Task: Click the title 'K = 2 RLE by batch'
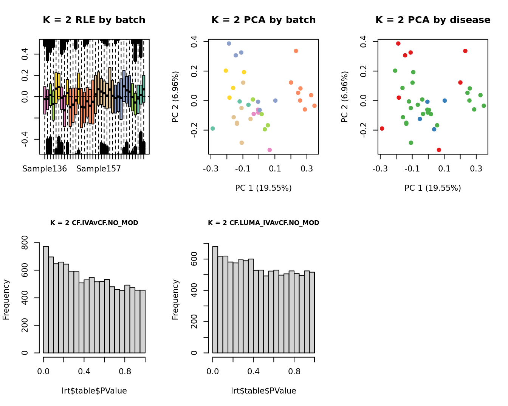click(94, 20)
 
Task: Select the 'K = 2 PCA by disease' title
click(433, 20)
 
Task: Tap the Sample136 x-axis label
click(45, 169)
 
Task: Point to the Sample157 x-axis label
click(99, 169)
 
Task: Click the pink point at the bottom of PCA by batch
click(269, 150)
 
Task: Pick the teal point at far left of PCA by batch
click(213, 128)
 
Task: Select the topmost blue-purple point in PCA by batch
click(229, 43)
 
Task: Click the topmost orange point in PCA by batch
click(296, 51)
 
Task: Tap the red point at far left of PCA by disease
click(382, 128)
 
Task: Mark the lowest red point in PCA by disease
click(439, 150)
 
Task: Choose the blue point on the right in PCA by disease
click(445, 100)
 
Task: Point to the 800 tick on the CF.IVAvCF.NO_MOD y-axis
click(25, 243)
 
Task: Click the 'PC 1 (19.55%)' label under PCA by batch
click(263, 188)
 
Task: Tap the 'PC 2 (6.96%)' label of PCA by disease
click(344, 97)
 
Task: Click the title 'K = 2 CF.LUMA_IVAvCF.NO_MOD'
click(263, 223)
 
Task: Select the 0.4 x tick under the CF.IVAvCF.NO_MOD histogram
click(84, 372)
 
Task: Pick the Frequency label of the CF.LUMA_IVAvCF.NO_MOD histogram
click(175, 299)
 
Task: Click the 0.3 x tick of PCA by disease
click(476, 168)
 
